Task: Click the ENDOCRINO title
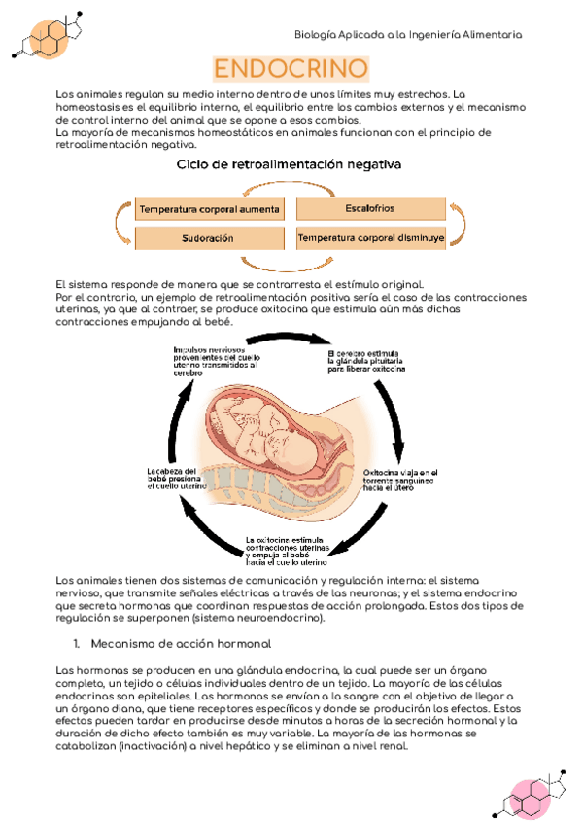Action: click(x=291, y=69)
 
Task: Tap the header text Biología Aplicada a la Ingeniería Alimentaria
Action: click(x=408, y=34)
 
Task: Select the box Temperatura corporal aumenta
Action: click(x=210, y=209)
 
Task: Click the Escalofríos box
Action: click(x=369, y=208)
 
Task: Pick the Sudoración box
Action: click(x=209, y=237)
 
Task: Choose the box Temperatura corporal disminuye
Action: click(x=370, y=237)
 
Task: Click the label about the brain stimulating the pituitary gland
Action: click(x=366, y=360)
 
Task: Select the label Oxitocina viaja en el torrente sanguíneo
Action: click(x=394, y=480)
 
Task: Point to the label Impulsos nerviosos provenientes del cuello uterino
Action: click(x=215, y=359)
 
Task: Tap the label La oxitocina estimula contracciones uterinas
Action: click(x=287, y=551)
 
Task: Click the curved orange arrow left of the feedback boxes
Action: click(x=119, y=223)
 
